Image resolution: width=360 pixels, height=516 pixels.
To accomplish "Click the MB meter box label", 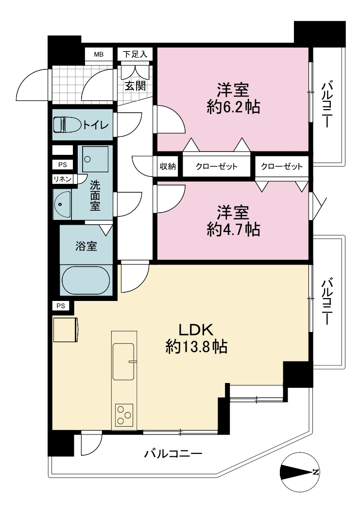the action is pyautogui.click(x=99, y=54).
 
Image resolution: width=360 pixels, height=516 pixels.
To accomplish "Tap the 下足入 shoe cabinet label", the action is pyautogui.click(x=135, y=54).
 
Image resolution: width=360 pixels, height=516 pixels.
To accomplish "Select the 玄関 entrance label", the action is pyautogui.click(x=135, y=86).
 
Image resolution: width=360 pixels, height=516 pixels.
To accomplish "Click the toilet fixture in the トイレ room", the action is pyautogui.click(x=68, y=125).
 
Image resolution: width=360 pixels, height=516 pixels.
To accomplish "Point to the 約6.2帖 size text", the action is pyautogui.click(x=233, y=107).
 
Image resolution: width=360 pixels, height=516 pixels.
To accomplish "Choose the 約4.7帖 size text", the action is pyautogui.click(x=233, y=230).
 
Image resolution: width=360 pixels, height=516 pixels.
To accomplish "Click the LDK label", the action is pyautogui.click(x=196, y=329).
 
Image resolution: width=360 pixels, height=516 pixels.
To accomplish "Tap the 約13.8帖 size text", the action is pyautogui.click(x=196, y=347).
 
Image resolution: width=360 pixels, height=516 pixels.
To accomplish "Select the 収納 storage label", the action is pyautogui.click(x=168, y=166).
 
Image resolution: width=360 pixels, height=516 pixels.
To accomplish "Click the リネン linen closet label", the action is pyautogui.click(x=63, y=179).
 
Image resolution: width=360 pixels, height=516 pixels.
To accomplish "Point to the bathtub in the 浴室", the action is pyautogui.click(x=86, y=281).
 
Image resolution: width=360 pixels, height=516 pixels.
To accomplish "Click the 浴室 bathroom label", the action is pyautogui.click(x=86, y=246).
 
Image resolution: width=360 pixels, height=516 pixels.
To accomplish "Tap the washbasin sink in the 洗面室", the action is pyautogui.click(x=62, y=204).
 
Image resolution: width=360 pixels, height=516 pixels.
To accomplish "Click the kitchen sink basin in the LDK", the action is pyautogui.click(x=123, y=361).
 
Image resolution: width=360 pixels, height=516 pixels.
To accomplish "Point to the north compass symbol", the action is pyautogui.click(x=300, y=472).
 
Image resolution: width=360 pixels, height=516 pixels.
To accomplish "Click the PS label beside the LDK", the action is pyautogui.click(x=61, y=306).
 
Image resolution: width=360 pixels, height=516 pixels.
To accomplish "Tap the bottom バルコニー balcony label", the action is pyautogui.click(x=173, y=454).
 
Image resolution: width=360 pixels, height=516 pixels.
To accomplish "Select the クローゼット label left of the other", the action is pyautogui.click(x=216, y=166).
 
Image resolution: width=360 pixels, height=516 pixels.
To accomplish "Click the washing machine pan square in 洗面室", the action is pyautogui.click(x=95, y=159).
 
